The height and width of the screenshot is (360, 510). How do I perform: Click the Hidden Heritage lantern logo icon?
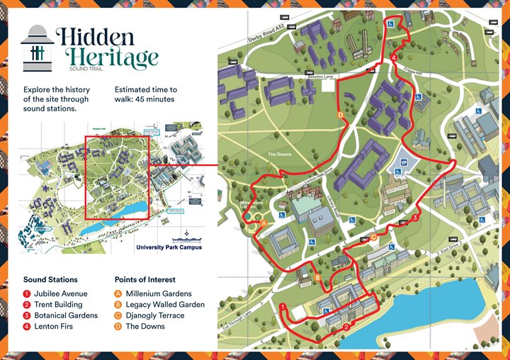38,48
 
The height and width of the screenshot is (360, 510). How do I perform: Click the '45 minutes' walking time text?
146,99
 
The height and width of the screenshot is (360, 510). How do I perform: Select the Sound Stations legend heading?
50,280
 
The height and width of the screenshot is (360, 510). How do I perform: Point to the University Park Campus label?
168,247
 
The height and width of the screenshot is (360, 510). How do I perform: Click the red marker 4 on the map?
393,57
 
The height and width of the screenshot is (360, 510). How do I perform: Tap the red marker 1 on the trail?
283,307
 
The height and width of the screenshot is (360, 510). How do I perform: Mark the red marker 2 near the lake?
346,327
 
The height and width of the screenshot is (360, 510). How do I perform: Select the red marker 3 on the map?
414,218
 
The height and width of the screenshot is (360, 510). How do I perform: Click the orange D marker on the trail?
341,114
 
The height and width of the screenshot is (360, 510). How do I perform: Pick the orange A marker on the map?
264,223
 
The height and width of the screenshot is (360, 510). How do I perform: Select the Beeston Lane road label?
351,75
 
